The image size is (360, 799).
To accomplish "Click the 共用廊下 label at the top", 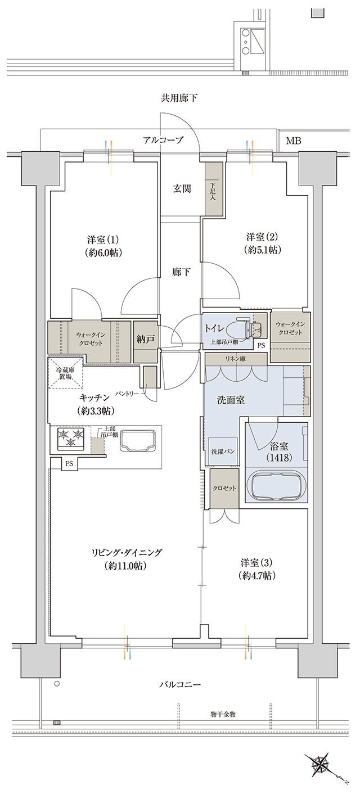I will pos(179,98).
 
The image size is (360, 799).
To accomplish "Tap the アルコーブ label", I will pos(163,141).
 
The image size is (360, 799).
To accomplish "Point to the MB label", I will pos(293,141).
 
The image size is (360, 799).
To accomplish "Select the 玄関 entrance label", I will pos(181,189).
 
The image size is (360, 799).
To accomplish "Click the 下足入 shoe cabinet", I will pos(213,189).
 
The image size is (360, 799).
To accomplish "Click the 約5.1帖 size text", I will pos(263,249).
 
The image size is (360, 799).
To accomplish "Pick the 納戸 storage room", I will pos(146,339).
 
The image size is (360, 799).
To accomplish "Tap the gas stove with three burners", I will pos(70,439).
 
